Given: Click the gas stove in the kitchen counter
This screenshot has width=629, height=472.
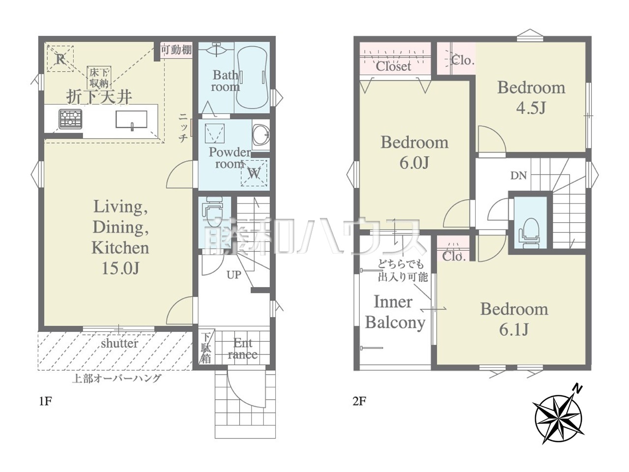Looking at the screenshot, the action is point(70,119).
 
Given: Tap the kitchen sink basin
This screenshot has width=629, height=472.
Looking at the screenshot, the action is point(132,119).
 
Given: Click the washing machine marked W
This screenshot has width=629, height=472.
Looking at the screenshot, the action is point(254,173).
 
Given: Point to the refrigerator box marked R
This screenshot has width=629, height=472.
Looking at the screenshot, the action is point(60,59).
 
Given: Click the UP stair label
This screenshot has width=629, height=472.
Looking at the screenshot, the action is point(234,275).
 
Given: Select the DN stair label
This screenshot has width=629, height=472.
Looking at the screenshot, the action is point(518,176).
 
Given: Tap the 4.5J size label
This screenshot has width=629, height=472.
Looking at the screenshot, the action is point(531,108).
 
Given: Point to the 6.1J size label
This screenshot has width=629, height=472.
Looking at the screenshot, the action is point(514,330).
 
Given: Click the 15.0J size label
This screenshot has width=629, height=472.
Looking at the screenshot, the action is point(121,268).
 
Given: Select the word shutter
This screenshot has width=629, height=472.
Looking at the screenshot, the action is point(119,343).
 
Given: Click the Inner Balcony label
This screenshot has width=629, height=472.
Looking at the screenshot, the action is point(395,312).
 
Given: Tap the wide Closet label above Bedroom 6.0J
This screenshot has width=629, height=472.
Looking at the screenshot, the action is point(393,66).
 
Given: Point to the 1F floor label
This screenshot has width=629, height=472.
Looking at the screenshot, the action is point(45,401).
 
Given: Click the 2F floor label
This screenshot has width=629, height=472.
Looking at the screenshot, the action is point(359,401).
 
